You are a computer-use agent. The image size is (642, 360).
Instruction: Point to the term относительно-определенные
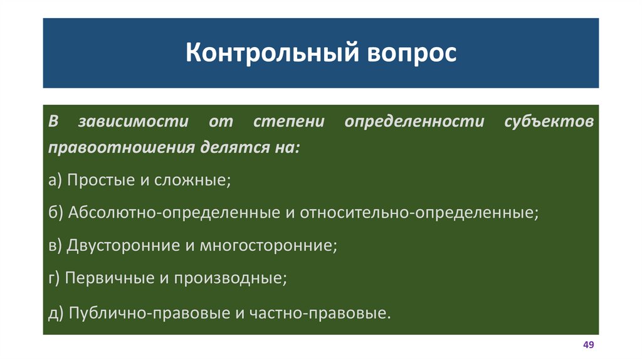(418, 212)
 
